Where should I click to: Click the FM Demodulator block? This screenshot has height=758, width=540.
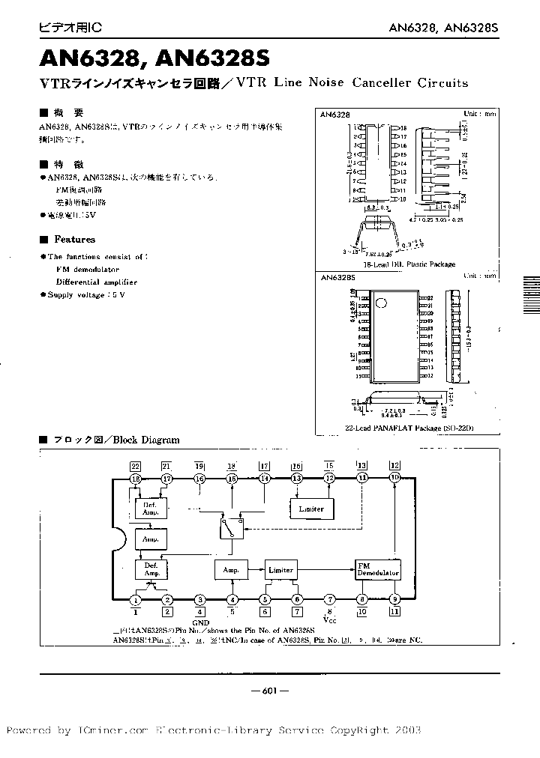(x=378, y=568)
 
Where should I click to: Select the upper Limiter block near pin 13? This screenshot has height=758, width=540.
(x=311, y=509)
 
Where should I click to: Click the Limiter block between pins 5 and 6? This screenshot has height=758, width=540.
(x=280, y=569)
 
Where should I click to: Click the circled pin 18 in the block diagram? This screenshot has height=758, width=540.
(x=136, y=478)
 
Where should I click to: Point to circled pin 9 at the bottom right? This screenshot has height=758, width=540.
(x=394, y=599)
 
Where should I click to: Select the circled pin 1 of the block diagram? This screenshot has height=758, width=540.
(x=136, y=599)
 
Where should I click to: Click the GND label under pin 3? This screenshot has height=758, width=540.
(x=201, y=622)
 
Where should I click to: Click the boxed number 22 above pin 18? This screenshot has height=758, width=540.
(x=135, y=465)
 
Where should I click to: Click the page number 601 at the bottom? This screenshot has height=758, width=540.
(x=269, y=691)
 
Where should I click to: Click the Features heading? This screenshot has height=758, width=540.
(x=74, y=240)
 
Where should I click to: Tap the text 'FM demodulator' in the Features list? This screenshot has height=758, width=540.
(x=87, y=268)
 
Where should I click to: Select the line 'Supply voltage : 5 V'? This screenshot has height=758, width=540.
(x=86, y=295)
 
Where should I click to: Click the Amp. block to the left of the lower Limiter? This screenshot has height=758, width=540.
(x=231, y=569)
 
